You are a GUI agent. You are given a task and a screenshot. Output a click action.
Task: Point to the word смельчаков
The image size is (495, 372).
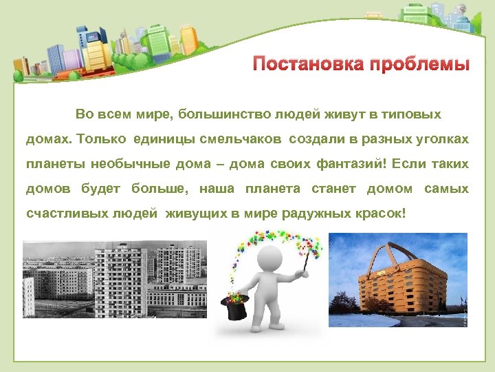[243, 139]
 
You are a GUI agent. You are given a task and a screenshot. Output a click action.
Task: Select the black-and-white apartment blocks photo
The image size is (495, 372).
[114, 279]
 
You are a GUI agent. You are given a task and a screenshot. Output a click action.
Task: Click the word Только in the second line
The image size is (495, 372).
[102, 139]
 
